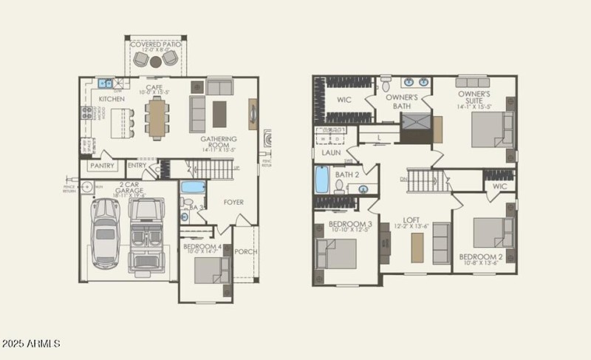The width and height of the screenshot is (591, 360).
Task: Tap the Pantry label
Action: pos(102,166)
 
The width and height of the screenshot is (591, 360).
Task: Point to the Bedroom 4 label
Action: pos(201,246)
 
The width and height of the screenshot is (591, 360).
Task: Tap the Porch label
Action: pos(246,251)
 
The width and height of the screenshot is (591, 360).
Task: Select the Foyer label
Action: pos(233,202)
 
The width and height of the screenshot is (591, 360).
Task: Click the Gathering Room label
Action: pos(219,143)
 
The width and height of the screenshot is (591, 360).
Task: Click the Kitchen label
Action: pos(112,98)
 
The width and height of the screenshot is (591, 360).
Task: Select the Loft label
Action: pos(411,220)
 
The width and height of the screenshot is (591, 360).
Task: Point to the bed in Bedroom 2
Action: pos(490,233)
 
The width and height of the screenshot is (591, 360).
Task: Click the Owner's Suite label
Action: pos(475,98)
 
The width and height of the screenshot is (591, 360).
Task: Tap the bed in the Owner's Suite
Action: pos(491,130)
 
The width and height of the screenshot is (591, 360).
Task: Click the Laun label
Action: pos(330,153)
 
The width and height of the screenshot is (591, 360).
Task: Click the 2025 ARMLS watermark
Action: pos(31,344)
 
